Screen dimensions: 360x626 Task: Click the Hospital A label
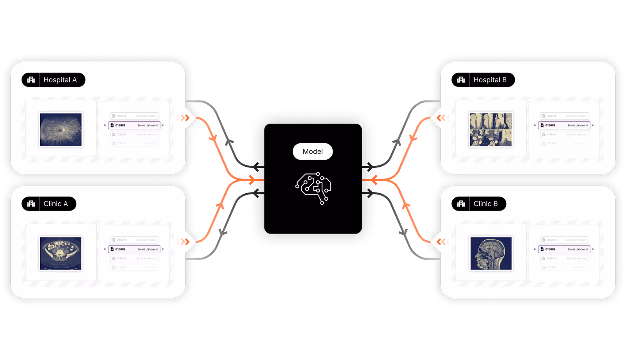click(x=60, y=80)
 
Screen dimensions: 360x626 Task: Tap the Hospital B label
click(x=490, y=80)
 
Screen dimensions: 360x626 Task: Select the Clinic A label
click(x=56, y=204)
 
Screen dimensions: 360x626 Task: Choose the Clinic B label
click(x=486, y=204)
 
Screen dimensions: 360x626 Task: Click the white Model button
click(x=313, y=151)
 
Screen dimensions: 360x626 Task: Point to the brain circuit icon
click(x=313, y=187)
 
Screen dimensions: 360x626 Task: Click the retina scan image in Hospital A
click(x=61, y=130)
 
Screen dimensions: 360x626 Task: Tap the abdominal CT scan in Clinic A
click(x=61, y=253)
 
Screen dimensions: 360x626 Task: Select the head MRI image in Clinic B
click(x=491, y=253)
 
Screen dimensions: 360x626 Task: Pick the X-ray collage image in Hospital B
click(x=491, y=130)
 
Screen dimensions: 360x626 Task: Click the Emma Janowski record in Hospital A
click(x=134, y=125)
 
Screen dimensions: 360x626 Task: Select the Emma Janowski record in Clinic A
click(x=134, y=249)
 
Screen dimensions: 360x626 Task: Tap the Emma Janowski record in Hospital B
click(x=564, y=125)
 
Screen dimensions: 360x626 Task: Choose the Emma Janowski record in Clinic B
click(x=564, y=249)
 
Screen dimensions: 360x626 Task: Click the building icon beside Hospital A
click(x=31, y=80)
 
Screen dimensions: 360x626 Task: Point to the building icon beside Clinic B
click(x=461, y=204)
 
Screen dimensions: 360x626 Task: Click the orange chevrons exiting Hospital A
click(x=183, y=117)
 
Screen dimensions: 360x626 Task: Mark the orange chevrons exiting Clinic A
click(x=183, y=241)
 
